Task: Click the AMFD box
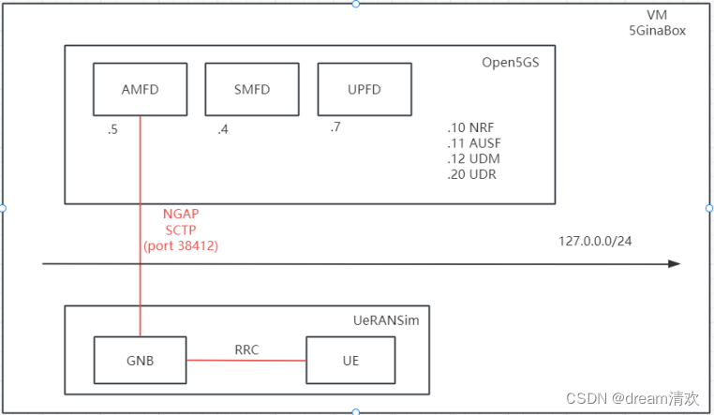pyautogui.click(x=139, y=89)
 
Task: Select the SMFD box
pyautogui.click(x=251, y=89)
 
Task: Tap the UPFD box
pyautogui.click(x=364, y=89)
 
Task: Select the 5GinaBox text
pyautogui.click(x=658, y=30)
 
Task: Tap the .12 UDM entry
pyautogui.click(x=471, y=160)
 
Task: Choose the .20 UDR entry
pyautogui.click(x=471, y=175)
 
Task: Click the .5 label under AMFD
pyautogui.click(x=112, y=130)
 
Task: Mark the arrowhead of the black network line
pyautogui.click(x=674, y=264)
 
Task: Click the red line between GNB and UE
pyautogui.click(x=246, y=361)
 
